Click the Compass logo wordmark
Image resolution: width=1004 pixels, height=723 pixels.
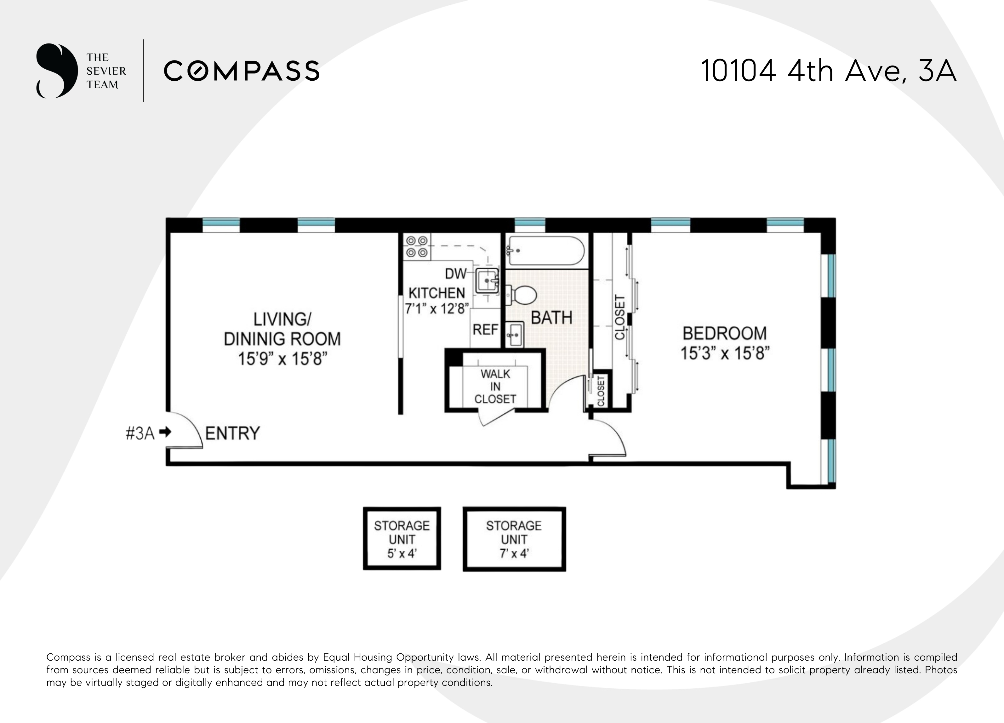242,71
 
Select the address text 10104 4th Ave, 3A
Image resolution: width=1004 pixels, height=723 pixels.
828,71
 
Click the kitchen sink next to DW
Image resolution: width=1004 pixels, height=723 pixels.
487,280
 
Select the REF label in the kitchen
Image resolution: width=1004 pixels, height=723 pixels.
485,330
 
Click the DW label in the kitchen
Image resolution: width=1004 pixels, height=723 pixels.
455,274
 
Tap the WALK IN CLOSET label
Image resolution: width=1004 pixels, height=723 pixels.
495,387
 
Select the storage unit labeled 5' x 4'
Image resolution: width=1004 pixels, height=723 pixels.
402,538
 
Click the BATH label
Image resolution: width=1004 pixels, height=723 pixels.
551,318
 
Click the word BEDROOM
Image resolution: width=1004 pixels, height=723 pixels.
725,333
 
